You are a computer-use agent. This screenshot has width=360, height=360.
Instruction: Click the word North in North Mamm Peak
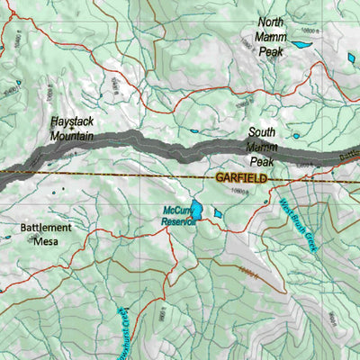coord(273,22)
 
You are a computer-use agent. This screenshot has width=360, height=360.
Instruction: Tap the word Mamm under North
coord(272,37)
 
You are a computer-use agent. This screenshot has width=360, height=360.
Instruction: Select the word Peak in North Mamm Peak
coord(271,52)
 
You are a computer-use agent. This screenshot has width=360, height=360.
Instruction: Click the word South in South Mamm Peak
coord(263,131)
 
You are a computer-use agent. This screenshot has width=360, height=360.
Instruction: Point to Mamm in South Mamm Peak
coord(262,146)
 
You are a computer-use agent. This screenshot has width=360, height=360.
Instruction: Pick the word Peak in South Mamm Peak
coord(262,161)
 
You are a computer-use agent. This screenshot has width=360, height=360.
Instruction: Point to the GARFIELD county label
coord(242,179)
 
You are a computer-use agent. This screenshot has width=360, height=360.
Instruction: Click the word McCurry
coord(176,212)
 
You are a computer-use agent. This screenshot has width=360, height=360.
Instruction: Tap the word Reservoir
coord(178,222)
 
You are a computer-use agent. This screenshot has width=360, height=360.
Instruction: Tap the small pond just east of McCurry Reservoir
coord(218,213)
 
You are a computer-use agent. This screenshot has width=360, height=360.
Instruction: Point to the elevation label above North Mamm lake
coord(306,32)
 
